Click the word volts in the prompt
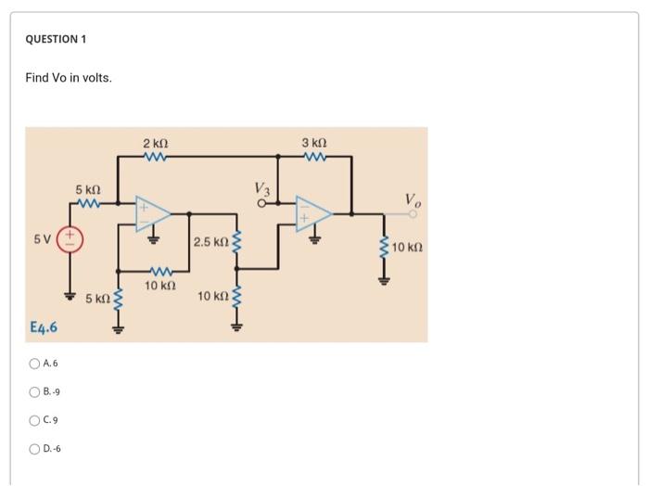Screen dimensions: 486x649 [95, 78]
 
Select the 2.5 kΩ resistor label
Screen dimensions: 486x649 [210, 242]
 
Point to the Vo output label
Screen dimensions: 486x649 [413, 200]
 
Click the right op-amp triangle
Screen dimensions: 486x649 [313, 212]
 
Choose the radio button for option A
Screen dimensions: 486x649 [34, 364]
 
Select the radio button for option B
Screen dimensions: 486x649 [34, 392]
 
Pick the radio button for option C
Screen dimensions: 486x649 [34, 420]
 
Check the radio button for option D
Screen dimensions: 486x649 [34, 449]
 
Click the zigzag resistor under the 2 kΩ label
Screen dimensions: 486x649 [155, 157]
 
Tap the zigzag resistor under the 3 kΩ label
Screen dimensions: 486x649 [314, 157]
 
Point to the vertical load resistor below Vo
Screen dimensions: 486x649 [385, 248]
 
